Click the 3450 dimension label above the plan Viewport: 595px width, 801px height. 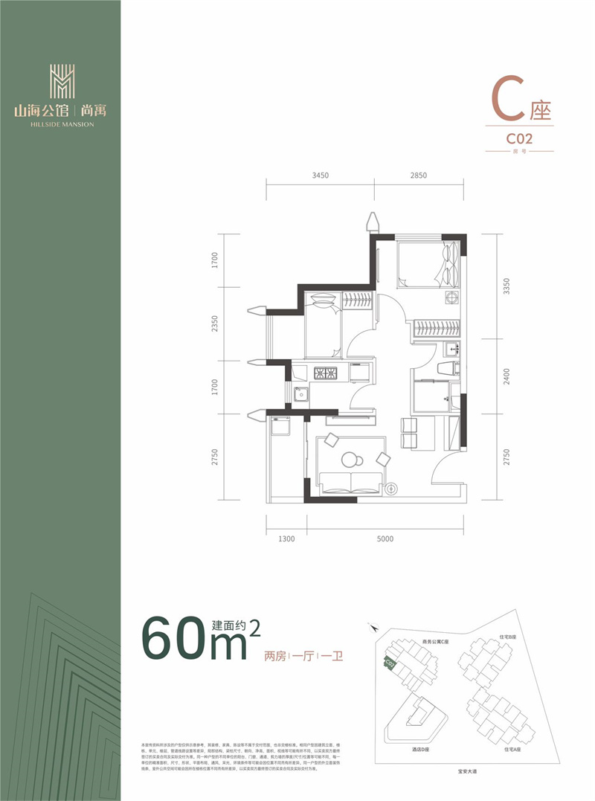[321, 176]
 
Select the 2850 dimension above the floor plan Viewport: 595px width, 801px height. [419, 176]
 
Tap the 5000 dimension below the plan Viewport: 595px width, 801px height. [385, 538]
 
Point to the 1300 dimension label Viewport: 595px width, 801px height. [286, 538]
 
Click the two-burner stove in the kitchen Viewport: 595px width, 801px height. [325, 372]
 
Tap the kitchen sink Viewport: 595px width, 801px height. [301, 393]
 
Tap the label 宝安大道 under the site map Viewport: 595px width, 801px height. [462, 773]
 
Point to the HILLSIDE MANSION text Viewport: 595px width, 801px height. [62, 124]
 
